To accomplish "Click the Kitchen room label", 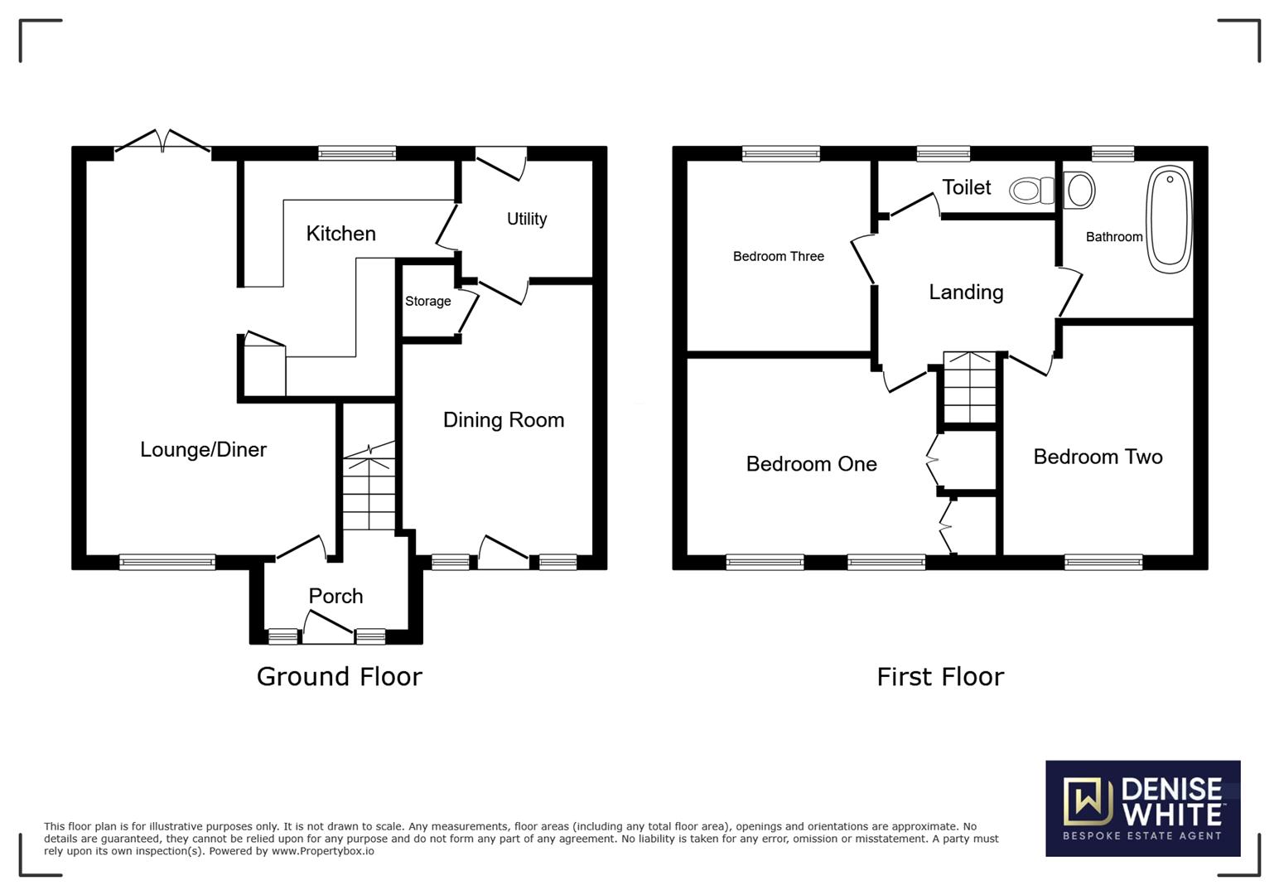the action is tap(341, 234).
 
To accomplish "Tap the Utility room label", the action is tap(527, 219).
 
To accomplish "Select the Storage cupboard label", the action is tap(427, 301).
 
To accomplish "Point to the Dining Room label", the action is tap(504, 420).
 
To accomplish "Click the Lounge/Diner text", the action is tap(203, 449).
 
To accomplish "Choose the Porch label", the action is tap(335, 597).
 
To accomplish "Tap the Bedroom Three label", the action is tap(778, 256).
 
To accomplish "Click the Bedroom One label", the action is tap(811, 464).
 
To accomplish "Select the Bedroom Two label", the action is tap(1098, 457).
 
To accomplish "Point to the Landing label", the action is tap(966, 293).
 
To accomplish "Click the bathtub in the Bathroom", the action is tap(1170, 220).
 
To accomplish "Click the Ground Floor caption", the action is tap(339, 677).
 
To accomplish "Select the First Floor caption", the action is tap(940, 677).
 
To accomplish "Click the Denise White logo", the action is tap(1143, 808).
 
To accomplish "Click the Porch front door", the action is tap(328, 627).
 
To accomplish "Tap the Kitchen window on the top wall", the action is tap(357, 153).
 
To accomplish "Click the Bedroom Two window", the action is tap(1103, 563).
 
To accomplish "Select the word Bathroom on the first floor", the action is tap(1114, 237).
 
